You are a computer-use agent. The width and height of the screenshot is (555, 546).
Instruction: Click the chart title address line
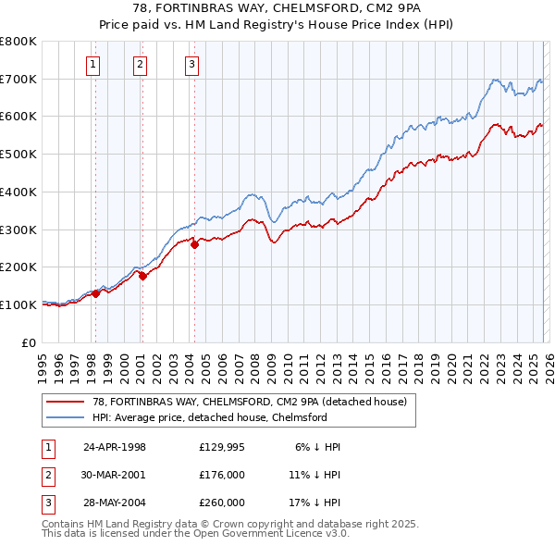[x=277, y=8]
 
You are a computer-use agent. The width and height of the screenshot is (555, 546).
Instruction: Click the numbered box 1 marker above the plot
[x=95, y=64]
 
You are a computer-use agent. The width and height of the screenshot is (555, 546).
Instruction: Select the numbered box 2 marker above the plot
[x=140, y=64]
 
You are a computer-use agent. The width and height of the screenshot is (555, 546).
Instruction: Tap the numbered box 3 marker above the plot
[x=191, y=64]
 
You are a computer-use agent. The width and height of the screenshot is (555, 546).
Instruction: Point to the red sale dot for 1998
[x=96, y=293]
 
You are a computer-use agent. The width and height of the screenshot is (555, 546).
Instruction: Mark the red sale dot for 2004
[x=195, y=244]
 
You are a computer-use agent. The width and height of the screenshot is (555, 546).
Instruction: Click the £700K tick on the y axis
[x=18, y=79]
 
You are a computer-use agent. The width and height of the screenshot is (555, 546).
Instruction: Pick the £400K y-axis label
[x=18, y=192]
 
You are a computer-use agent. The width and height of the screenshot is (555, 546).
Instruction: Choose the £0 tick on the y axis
[x=28, y=342]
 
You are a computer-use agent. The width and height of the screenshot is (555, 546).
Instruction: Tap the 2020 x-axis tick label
[x=450, y=361]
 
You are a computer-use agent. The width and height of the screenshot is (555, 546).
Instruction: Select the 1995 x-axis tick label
[x=43, y=361]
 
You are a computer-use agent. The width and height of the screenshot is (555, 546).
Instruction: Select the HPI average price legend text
[x=210, y=417]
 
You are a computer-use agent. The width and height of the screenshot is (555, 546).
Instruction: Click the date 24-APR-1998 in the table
[x=115, y=447]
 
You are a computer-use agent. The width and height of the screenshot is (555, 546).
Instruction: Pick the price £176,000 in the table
[x=222, y=475]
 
